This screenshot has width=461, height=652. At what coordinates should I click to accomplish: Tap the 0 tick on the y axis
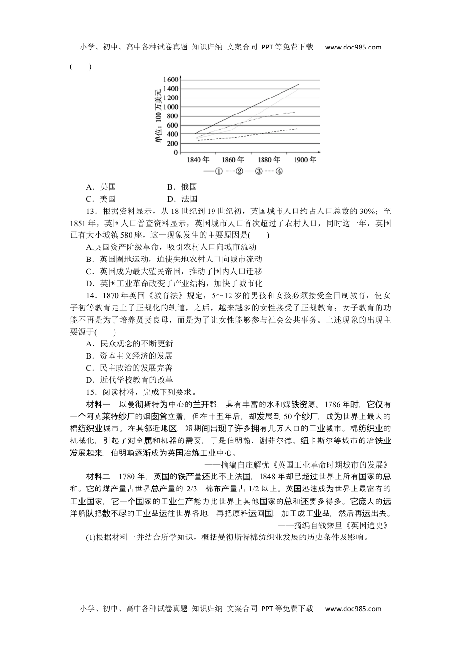(176, 153)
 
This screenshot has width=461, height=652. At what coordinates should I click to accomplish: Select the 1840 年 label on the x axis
(198, 160)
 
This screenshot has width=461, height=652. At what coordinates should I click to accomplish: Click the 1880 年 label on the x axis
(268, 160)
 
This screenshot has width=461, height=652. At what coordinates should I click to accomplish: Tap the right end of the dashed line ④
(297, 128)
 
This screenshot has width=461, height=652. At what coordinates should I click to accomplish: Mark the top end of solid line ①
(299, 84)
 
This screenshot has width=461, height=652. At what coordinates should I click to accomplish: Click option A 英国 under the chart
(101, 187)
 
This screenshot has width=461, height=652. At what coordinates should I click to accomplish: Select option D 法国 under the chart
(182, 199)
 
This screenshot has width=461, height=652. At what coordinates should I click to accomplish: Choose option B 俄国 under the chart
(182, 187)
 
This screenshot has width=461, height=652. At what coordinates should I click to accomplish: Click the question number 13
(90, 211)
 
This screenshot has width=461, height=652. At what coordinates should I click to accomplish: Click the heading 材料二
(98, 477)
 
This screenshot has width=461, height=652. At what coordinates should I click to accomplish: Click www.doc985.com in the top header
(353, 47)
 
